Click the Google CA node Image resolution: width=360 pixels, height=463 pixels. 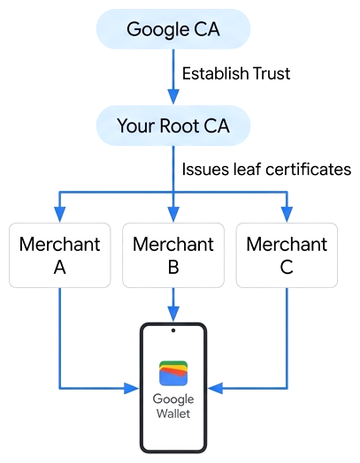pyautogui.click(x=173, y=29)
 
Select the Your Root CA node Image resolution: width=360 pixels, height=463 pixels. pyautogui.click(x=173, y=125)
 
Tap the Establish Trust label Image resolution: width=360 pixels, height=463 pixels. pyautogui.click(x=236, y=73)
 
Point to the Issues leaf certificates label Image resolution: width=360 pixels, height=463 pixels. pyautogui.click(x=266, y=170)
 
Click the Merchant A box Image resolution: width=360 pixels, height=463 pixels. pyautogui.click(x=60, y=255)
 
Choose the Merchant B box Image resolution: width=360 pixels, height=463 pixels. pyautogui.click(x=173, y=255)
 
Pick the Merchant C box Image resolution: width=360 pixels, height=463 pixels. pyautogui.click(x=287, y=255)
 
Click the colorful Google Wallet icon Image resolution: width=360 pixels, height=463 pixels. pyautogui.click(x=173, y=373)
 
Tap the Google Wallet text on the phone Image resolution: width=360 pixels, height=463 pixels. pyautogui.click(x=173, y=406)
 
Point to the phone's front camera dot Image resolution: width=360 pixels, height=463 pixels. pyautogui.click(x=173, y=330)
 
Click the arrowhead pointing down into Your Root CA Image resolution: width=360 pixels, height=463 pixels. pyautogui.click(x=173, y=96)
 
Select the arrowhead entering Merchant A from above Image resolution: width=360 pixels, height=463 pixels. pyautogui.click(x=60, y=214)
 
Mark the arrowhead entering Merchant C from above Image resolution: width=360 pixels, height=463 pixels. pyautogui.click(x=287, y=214)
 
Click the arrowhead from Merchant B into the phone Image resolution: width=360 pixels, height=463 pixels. pyautogui.click(x=173, y=314)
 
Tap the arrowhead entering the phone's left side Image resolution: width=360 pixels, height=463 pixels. pyautogui.click(x=132, y=388)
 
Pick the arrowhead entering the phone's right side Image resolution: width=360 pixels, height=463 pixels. pyautogui.click(x=215, y=388)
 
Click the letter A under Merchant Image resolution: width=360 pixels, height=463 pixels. pyautogui.click(x=59, y=268)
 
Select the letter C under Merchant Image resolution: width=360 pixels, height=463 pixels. pyautogui.click(x=287, y=268)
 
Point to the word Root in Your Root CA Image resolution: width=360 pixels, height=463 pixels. pyautogui.click(x=180, y=125)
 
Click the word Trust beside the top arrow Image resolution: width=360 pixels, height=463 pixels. pyautogui.click(x=272, y=73)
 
